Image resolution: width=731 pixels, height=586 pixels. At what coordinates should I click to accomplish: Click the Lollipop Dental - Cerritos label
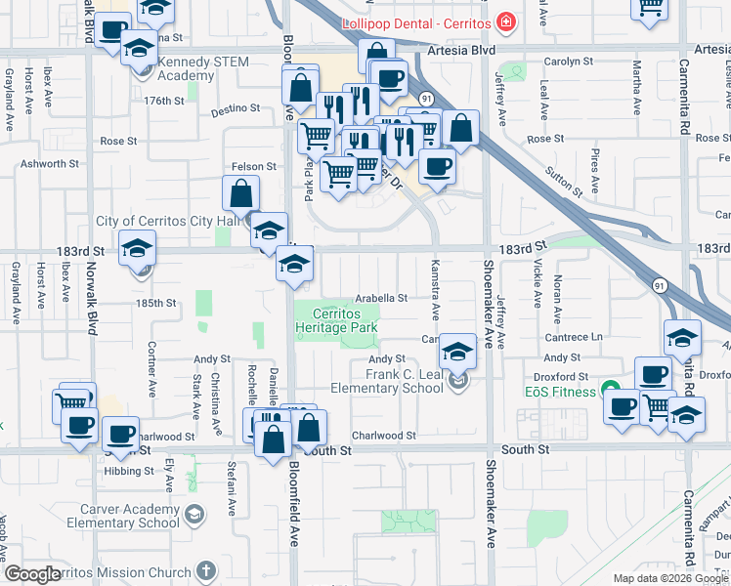coord(416,22)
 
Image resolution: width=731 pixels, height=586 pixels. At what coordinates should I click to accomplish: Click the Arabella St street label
coord(379,298)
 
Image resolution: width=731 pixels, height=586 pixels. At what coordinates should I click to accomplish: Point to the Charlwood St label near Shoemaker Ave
coord(384,436)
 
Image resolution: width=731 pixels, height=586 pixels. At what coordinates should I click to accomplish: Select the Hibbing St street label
coord(129,471)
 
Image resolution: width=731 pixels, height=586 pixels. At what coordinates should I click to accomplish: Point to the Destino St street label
coord(233,109)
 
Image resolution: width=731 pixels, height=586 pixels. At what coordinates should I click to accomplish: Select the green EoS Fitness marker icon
coord(611,392)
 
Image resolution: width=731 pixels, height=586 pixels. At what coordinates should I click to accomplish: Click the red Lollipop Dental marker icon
coord(505,21)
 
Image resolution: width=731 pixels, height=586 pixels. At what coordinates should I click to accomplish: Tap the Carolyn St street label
coord(562,60)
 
